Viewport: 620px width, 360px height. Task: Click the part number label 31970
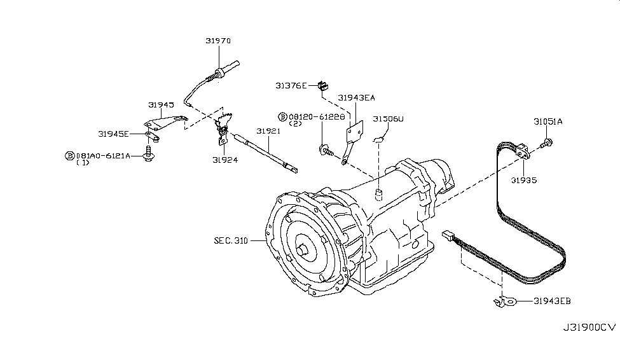[217, 41]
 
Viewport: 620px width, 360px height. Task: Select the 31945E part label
[113, 134]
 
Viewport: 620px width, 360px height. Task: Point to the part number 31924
[225, 160]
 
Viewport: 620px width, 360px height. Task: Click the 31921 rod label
[268, 131]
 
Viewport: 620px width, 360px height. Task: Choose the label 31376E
[291, 85]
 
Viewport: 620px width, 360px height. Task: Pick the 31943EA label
[356, 98]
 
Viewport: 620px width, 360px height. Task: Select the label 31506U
[388, 118]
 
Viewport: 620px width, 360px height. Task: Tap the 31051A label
[548, 121]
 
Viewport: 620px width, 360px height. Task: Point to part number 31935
[527, 180]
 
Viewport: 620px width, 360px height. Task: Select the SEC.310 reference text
[231, 241]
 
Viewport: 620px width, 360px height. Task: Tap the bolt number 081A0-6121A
[103, 156]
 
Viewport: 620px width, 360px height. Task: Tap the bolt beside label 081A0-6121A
[148, 155]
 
